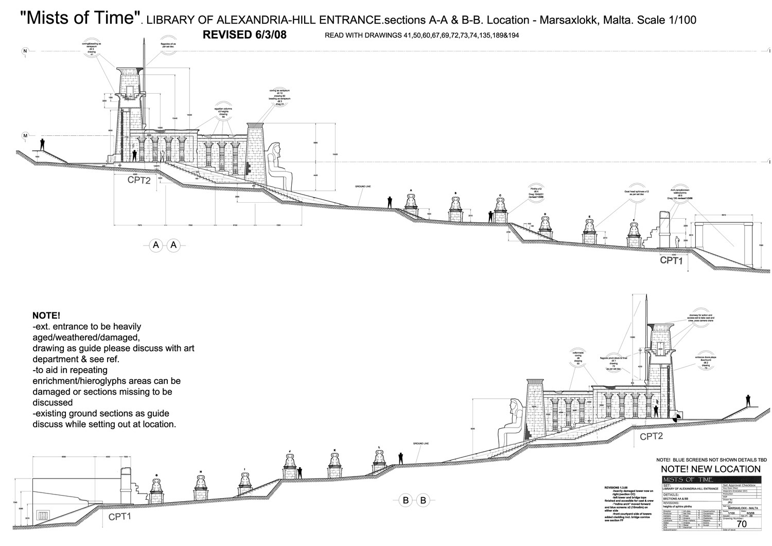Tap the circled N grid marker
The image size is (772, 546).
click(x=25, y=50)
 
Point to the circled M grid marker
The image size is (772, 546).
click(x=25, y=135)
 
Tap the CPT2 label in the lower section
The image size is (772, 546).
click(x=651, y=436)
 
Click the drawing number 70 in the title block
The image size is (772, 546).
click(x=742, y=524)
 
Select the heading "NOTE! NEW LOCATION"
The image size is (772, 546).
click(x=710, y=469)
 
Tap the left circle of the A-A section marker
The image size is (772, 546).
click(x=156, y=245)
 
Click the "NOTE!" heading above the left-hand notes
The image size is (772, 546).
click(x=46, y=315)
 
